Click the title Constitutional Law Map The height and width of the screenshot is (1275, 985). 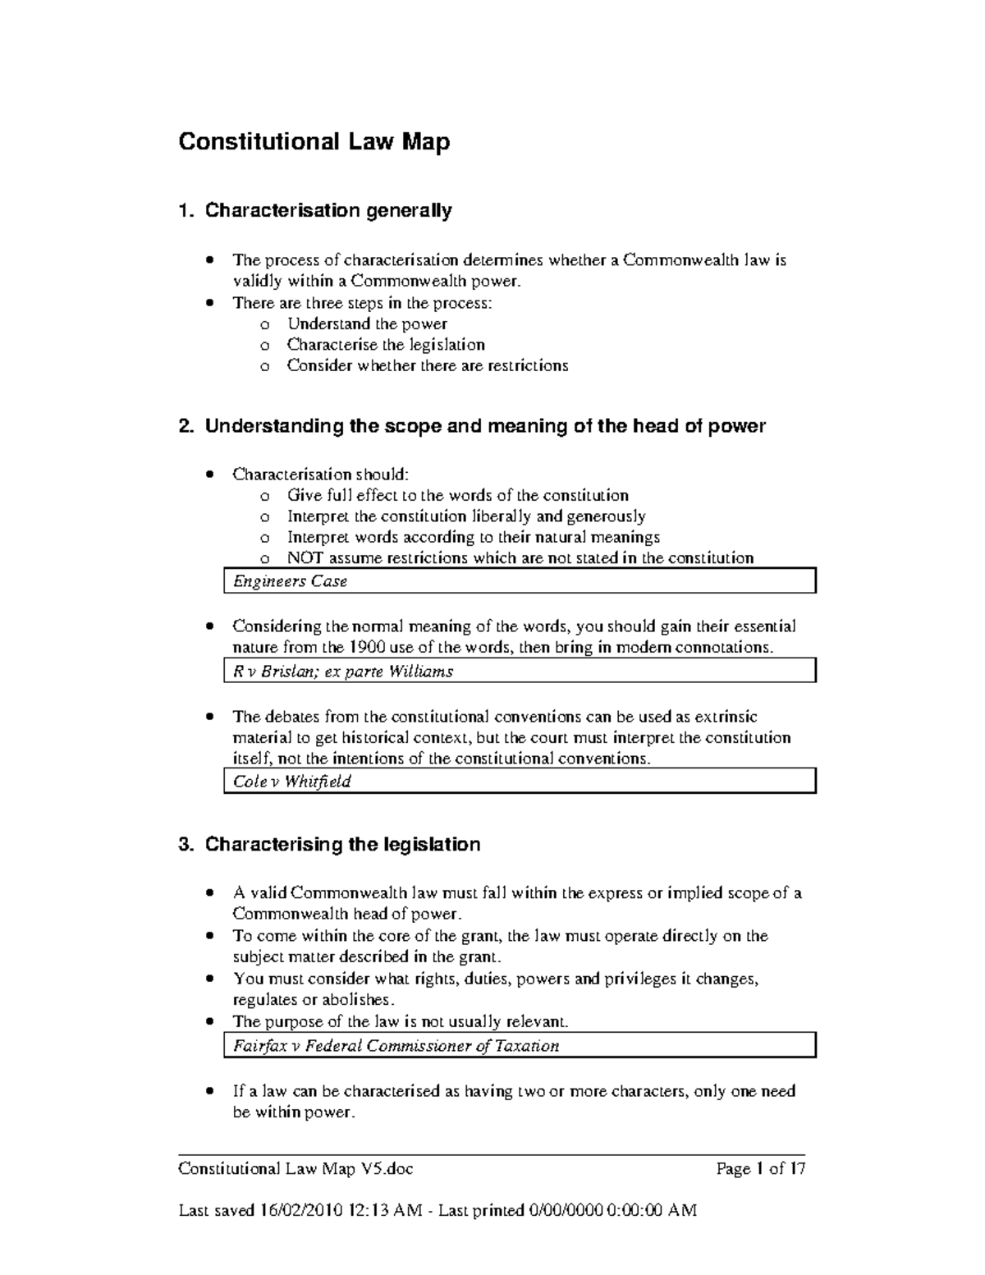[314, 142]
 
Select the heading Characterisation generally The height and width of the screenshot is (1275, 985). [328, 211]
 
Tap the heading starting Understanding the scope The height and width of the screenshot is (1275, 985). [484, 426]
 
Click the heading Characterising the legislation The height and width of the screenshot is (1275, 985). [342, 845]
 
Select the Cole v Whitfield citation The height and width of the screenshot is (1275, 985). [291, 782]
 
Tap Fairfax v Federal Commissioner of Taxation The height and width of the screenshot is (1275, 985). [396, 1046]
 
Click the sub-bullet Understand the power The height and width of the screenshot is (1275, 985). [367, 323]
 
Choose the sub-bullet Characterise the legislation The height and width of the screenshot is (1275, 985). [386, 345]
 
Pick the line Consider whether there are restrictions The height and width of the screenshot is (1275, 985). [427, 366]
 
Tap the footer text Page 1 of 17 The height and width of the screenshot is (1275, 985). [760, 1169]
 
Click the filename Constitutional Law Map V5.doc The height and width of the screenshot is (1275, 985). [301, 1169]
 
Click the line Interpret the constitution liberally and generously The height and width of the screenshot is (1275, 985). [465, 516]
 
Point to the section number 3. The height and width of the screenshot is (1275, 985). [184, 845]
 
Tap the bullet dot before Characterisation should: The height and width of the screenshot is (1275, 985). [211, 474]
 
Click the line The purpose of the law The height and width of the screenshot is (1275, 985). [400, 1022]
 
